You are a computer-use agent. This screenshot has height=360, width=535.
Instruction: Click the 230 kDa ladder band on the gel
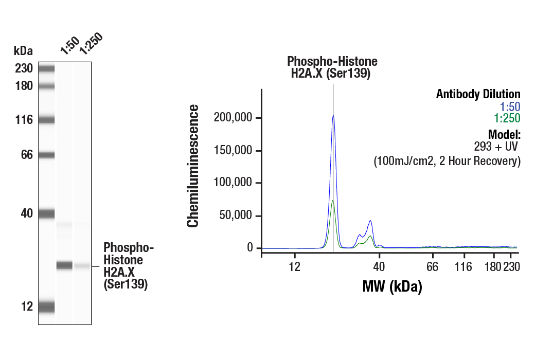[x=46, y=68]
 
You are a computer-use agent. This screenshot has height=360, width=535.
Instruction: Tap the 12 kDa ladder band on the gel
[x=46, y=307]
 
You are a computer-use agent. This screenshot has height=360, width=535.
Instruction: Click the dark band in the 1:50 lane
[x=64, y=265]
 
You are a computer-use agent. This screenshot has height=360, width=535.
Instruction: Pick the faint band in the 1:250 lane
[x=82, y=266]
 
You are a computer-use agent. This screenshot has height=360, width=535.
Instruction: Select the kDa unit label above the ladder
[x=23, y=51]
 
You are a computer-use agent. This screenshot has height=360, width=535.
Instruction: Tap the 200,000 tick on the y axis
[x=234, y=118]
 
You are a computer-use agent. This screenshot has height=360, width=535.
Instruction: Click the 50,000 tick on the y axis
[x=237, y=215]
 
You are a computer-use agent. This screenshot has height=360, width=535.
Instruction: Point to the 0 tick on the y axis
[x=251, y=248]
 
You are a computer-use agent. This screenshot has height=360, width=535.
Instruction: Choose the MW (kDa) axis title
[x=392, y=286]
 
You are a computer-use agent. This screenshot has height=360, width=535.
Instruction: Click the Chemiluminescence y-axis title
[x=193, y=166]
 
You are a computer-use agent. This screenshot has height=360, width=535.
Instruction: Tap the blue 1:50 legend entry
[x=510, y=107]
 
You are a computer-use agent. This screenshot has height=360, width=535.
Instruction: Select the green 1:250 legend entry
[x=507, y=118]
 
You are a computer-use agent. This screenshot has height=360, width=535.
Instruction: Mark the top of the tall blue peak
[x=333, y=116]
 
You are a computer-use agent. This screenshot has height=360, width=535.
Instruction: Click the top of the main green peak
[x=333, y=201]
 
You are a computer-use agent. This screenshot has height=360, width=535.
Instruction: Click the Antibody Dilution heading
[x=478, y=94]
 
